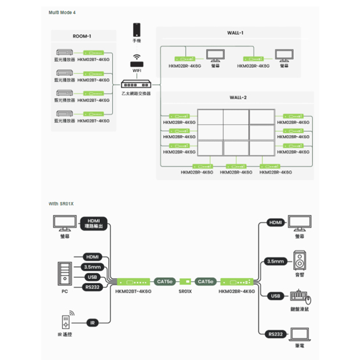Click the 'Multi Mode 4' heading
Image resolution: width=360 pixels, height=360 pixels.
[62, 12]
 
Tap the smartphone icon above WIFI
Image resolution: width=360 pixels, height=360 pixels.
[136, 30]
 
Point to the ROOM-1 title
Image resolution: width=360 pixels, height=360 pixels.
[81, 36]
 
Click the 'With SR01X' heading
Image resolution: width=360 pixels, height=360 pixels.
[62, 204]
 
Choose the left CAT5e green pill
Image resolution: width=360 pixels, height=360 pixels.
[165, 282]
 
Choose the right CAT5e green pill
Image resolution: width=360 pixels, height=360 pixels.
[205, 282]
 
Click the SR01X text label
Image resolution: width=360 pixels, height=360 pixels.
[185, 291]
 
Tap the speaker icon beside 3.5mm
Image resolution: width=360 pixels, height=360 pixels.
[300, 260]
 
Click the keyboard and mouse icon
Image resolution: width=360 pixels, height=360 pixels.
[300, 298]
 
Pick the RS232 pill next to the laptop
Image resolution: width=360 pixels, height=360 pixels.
[275, 334]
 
